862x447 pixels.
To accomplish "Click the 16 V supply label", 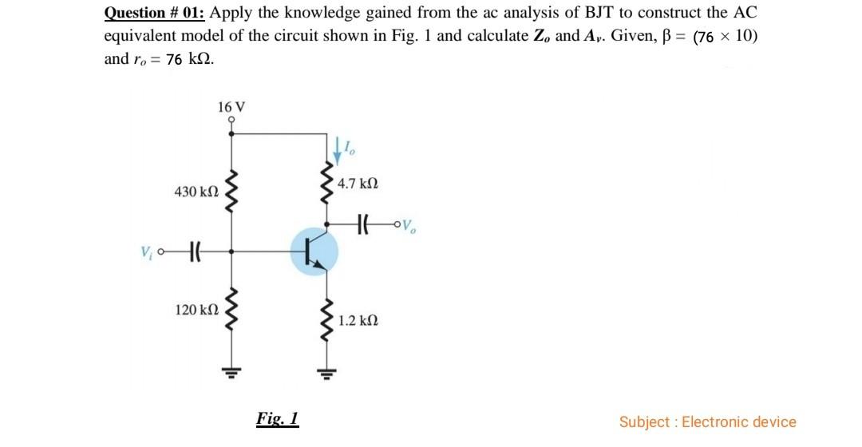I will click(x=231, y=107).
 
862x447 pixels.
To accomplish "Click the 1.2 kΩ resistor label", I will click(x=356, y=321).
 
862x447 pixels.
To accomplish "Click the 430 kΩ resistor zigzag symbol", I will click(x=232, y=192).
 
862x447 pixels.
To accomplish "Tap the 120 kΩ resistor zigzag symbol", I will click(x=232, y=307).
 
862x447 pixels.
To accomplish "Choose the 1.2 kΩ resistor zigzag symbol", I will click(x=326, y=321).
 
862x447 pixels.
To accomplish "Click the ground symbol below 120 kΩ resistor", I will click(x=232, y=371).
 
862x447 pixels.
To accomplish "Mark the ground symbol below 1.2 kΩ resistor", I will click(x=326, y=371).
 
